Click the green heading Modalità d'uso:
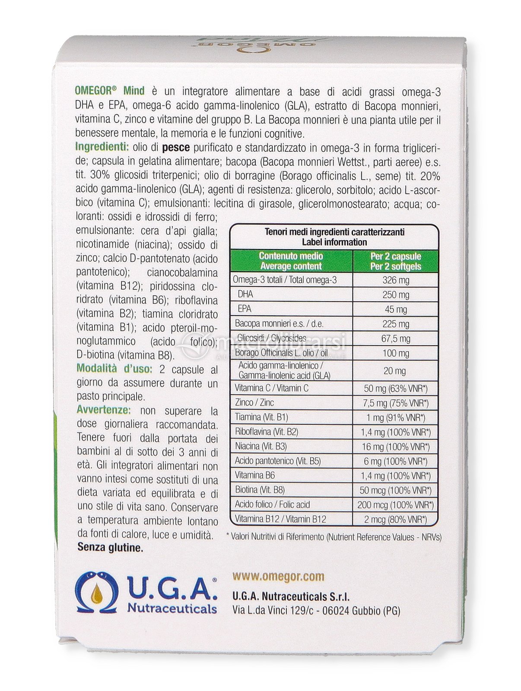click(x=114, y=369)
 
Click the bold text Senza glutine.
click(x=110, y=548)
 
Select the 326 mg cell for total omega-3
click(x=396, y=280)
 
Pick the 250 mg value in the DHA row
click(x=396, y=295)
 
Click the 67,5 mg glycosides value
click(x=396, y=339)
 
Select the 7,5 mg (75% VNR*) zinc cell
click(x=396, y=403)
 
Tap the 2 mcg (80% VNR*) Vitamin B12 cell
click(x=396, y=519)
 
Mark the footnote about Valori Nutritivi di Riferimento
click(x=334, y=537)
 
